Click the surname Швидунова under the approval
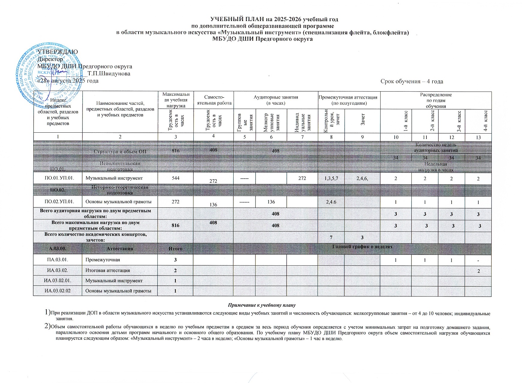point(111,74)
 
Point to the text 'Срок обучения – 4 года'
point(411,82)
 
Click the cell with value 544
point(175,178)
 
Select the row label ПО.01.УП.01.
point(58,178)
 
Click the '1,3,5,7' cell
point(331,178)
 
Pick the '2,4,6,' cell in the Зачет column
point(362,178)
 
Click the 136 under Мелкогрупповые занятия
point(271,202)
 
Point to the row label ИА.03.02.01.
point(58,281)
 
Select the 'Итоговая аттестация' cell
point(108,270)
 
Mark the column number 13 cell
point(478,137)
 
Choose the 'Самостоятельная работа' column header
point(213,100)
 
